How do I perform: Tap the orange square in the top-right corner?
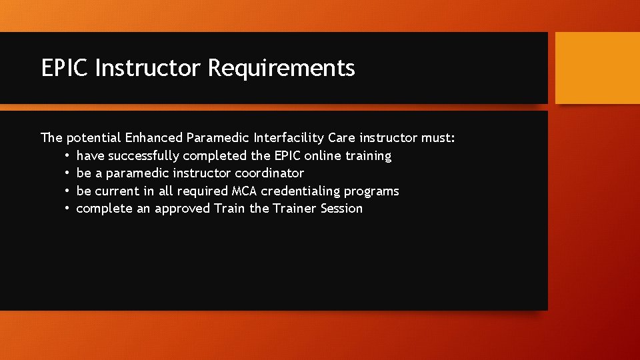point(597,68)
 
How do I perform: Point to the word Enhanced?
point(154,138)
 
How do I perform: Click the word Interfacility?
point(289,138)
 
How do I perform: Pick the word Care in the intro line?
point(341,138)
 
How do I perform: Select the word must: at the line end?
point(438,138)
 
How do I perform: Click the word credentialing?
point(301,191)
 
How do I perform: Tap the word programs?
point(371,191)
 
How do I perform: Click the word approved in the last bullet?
point(183,209)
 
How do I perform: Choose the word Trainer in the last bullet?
point(294,209)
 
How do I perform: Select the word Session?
point(342,209)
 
